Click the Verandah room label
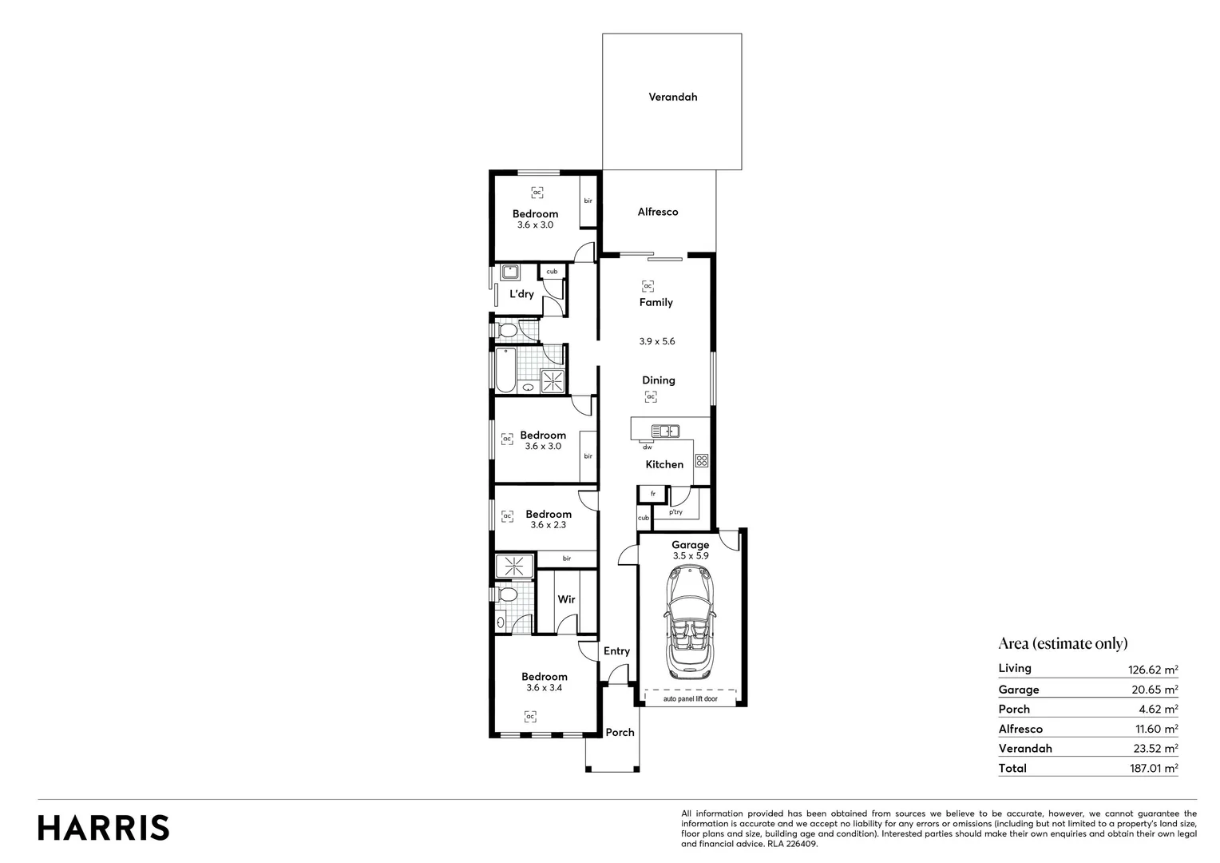[672, 97]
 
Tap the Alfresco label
[658, 212]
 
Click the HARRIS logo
[104, 828]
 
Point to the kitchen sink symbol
[665, 431]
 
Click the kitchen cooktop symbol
[701, 460]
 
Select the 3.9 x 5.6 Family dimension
[657, 341]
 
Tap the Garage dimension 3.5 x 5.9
[691, 555]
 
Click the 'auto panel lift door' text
[690, 699]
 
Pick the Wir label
[566, 599]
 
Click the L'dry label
[521, 294]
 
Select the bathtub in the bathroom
[505, 370]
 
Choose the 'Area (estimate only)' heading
[1063, 643]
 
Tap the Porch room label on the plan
[620, 732]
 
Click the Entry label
[616, 651]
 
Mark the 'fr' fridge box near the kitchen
[652, 494]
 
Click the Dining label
[659, 380]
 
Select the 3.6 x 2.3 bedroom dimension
[548, 525]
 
